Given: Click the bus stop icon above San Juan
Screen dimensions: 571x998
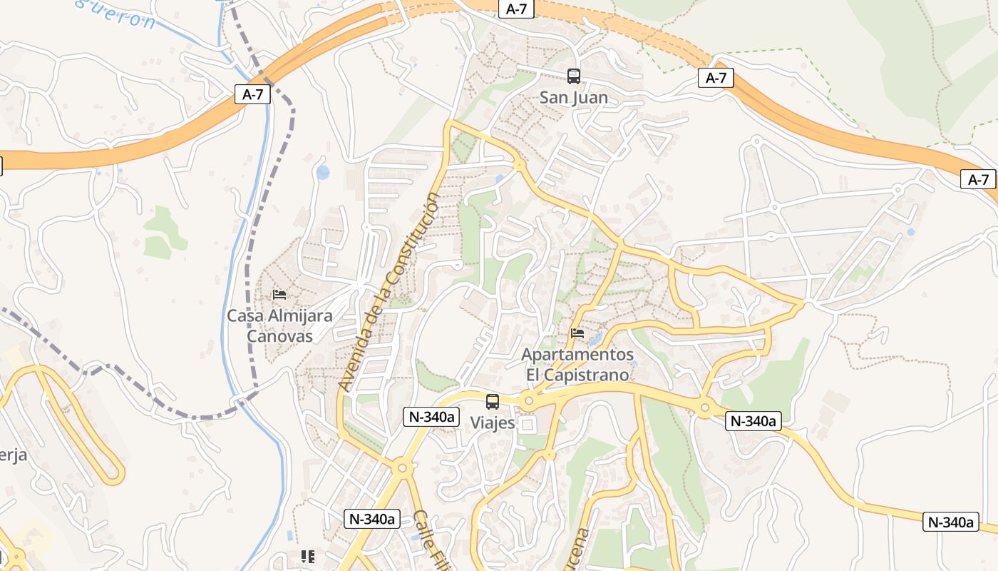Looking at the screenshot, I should (x=573, y=76).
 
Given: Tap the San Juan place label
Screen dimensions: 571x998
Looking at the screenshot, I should (x=573, y=98).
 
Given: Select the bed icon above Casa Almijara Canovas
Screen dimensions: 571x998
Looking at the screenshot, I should (x=279, y=294).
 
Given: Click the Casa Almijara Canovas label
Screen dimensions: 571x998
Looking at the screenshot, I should (x=279, y=325).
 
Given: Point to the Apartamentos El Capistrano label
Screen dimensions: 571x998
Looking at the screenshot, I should (x=577, y=364).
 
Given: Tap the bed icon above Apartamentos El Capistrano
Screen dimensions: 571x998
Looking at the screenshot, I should (x=577, y=333).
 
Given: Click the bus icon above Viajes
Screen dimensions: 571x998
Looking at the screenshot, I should (x=493, y=402).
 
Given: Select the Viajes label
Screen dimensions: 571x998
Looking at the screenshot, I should (x=493, y=423).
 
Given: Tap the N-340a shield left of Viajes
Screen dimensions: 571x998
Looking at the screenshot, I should (x=431, y=417).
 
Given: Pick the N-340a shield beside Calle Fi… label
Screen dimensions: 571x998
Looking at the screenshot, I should (x=371, y=519).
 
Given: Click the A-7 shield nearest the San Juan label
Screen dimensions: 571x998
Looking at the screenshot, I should (x=517, y=9).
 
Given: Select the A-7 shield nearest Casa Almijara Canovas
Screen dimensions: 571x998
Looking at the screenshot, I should (x=253, y=94).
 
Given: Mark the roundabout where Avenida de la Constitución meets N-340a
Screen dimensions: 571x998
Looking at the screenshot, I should (x=401, y=468).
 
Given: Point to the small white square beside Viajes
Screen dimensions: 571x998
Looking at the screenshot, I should (x=528, y=425).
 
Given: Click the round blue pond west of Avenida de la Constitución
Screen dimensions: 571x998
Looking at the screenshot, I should (x=323, y=172).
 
